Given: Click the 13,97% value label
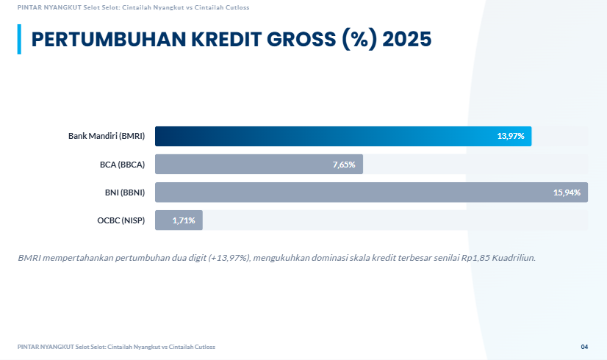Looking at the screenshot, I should (510, 137).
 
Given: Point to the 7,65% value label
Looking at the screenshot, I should (343, 165).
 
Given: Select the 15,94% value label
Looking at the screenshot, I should (567, 192).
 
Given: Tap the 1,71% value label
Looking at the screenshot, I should (184, 220).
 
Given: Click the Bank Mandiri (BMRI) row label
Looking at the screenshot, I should (107, 137).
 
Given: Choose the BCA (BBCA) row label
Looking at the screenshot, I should (122, 165).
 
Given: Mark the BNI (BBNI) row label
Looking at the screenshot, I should (125, 192).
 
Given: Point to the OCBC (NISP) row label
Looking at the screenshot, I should (121, 220).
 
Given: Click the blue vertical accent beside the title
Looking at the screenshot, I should (19, 39).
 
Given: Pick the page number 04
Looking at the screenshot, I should (584, 347).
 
